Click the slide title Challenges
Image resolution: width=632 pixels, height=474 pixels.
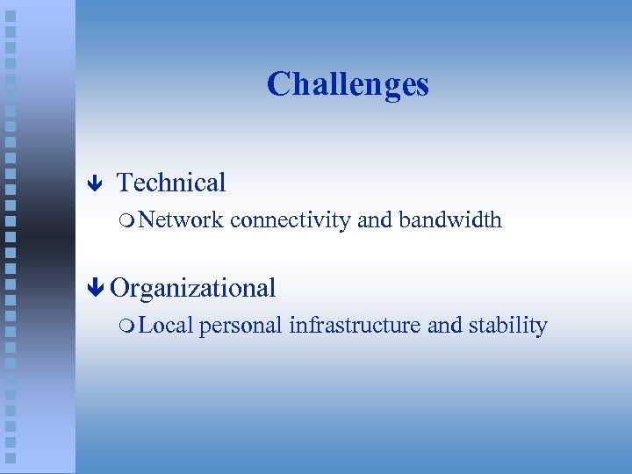(x=348, y=84)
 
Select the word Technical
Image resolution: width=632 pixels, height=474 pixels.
(x=171, y=183)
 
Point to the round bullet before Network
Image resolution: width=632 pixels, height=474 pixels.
(x=129, y=220)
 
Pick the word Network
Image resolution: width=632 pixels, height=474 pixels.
(x=182, y=219)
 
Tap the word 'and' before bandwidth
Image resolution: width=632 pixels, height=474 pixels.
(x=375, y=219)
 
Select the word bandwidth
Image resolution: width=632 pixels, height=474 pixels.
(x=450, y=219)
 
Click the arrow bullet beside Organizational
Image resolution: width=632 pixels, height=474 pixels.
(x=97, y=288)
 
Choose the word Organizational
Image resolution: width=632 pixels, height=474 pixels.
(x=193, y=288)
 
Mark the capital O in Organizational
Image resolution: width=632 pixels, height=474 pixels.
(x=120, y=288)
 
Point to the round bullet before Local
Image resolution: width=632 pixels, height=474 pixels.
(x=129, y=326)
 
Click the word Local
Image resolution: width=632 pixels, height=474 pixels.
(x=166, y=325)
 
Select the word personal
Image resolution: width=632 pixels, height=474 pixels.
(x=241, y=326)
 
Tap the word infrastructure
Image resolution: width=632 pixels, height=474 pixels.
(x=355, y=325)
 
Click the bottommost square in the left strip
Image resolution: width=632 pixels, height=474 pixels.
(x=10, y=457)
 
